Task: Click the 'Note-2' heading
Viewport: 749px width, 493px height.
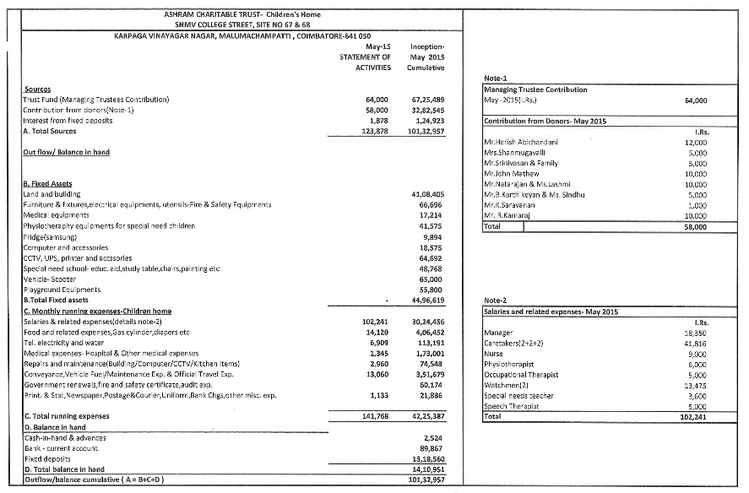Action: pos(496,301)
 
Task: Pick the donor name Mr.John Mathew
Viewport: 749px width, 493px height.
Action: pos(512,174)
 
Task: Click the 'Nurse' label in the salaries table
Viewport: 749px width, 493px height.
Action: pos(494,355)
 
